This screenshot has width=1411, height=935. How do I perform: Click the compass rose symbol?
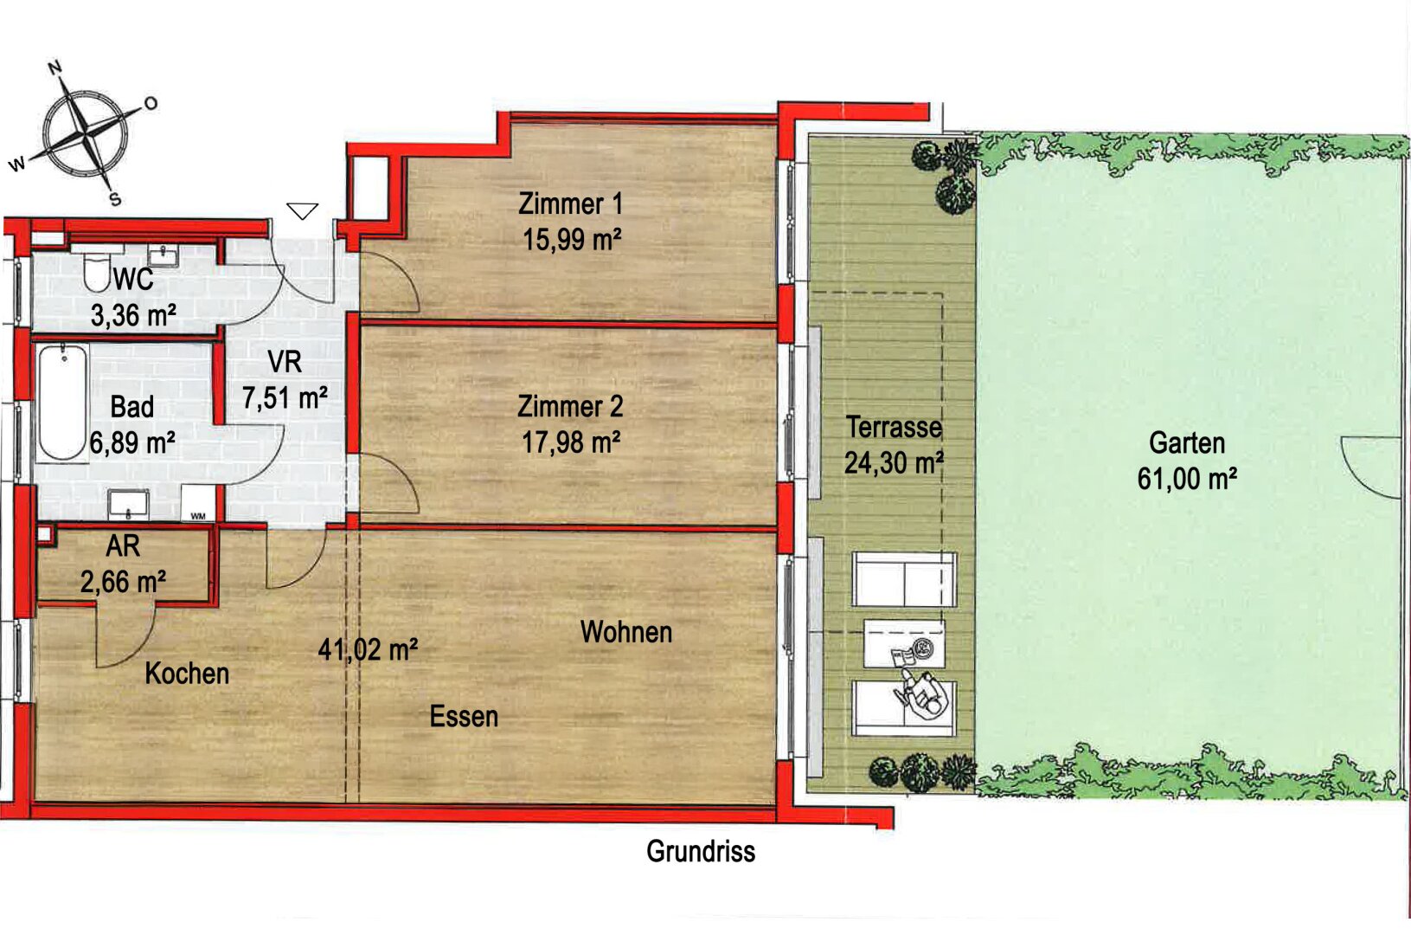click(x=86, y=133)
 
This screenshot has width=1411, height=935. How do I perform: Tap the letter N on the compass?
click(x=55, y=68)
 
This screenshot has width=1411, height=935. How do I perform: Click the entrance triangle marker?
click(x=303, y=210)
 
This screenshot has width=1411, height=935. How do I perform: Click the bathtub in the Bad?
click(x=62, y=403)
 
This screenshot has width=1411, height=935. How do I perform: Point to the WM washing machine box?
click(x=198, y=503)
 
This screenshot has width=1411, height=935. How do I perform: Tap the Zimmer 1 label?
click(x=571, y=204)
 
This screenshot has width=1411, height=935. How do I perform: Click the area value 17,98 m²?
click(x=571, y=442)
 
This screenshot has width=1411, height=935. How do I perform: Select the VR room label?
click(x=285, y=362)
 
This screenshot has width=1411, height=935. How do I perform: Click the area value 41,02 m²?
click(x=368, y=648)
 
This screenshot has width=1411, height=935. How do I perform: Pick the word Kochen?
click(x=187, y=674)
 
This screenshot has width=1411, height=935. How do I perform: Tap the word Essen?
click(x=464, y=716)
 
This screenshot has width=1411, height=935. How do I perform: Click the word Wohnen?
click(x=626, y=632)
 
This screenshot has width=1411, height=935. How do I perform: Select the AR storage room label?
click(x=123, y=546)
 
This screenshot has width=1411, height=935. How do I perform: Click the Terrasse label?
click(x=894, y=428)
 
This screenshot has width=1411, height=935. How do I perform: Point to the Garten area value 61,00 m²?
click(x=1188, y=479)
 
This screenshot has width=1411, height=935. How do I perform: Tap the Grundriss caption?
click(x=701, y=851)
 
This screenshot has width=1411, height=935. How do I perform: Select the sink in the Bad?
click(x=128, y=504)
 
